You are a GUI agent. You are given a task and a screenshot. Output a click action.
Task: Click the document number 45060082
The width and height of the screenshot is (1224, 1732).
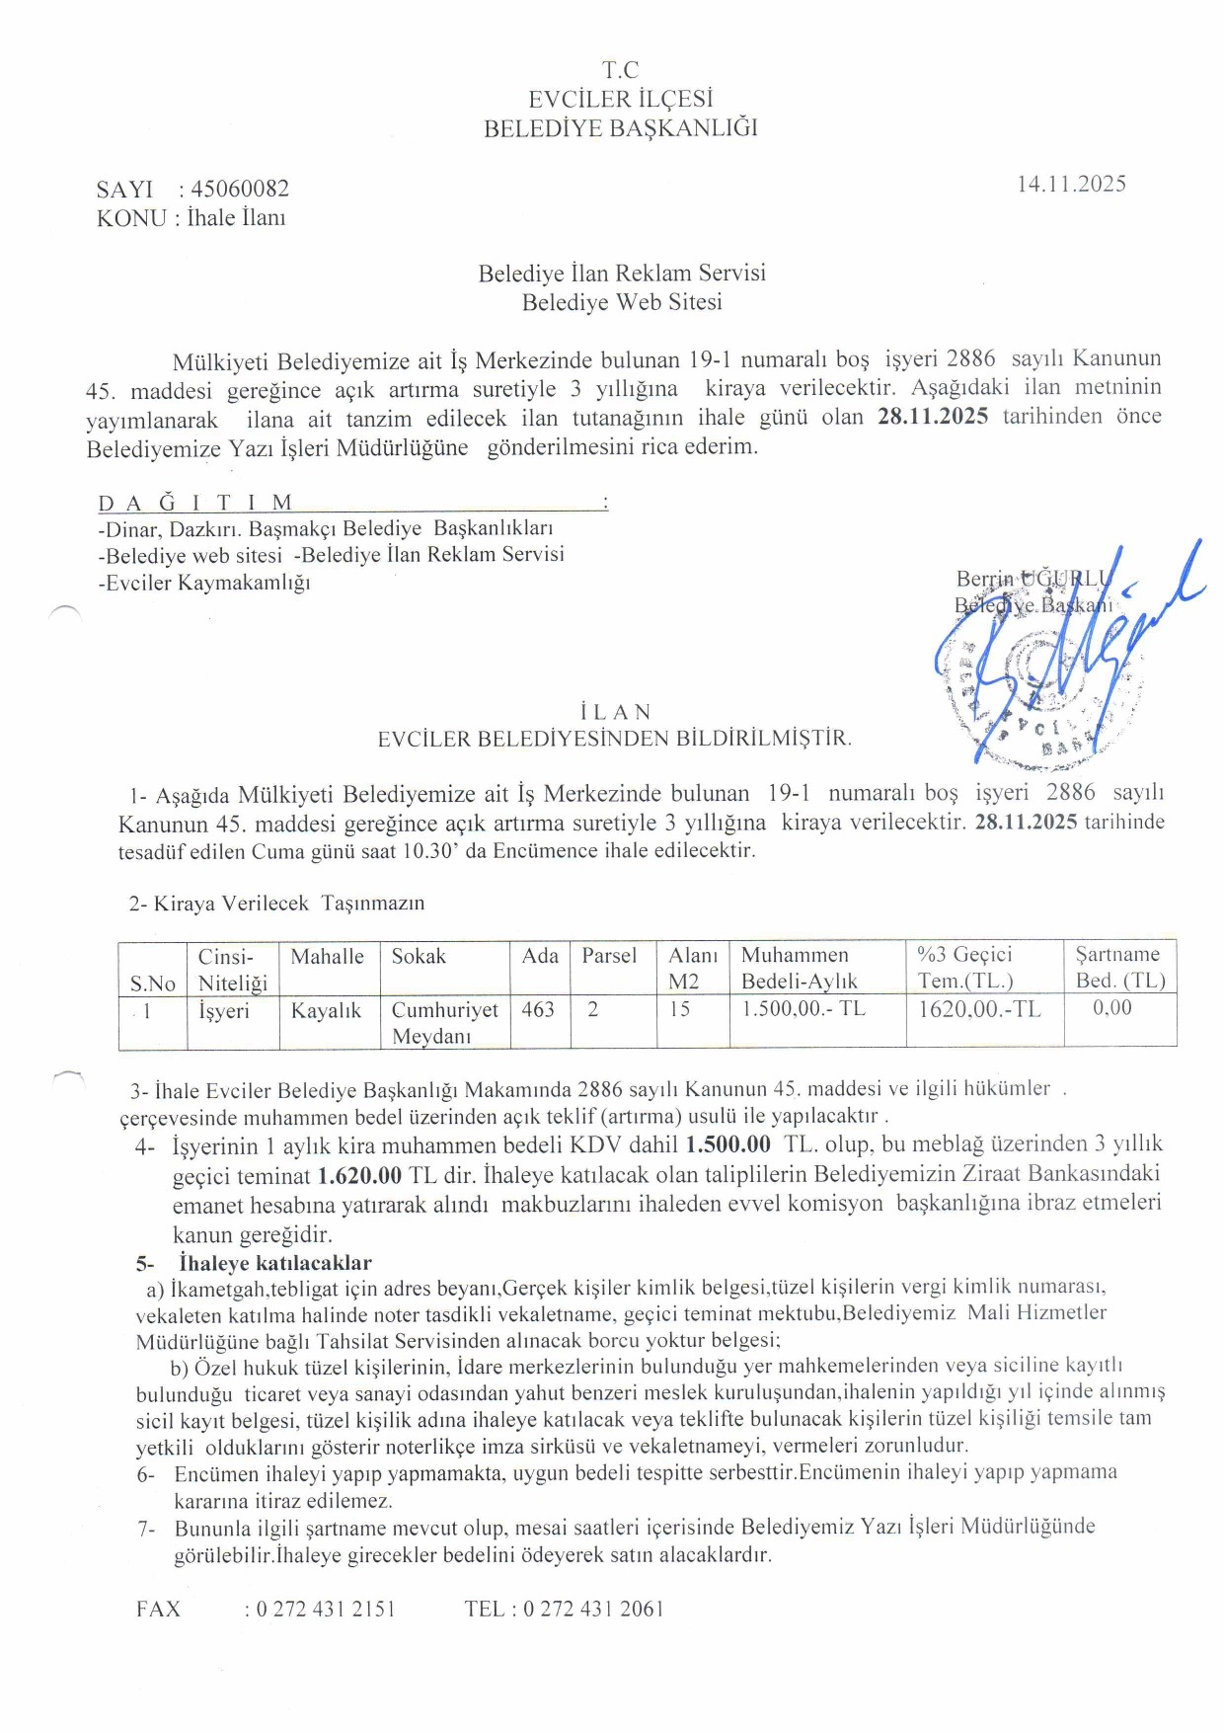point(240,189)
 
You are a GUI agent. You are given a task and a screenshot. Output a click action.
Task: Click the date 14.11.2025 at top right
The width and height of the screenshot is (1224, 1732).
point(1071,184)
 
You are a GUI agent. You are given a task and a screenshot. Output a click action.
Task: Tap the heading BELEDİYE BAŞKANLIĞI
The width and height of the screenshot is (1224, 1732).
point(620,128)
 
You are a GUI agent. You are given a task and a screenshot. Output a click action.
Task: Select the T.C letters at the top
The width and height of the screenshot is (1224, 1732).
point(620,70)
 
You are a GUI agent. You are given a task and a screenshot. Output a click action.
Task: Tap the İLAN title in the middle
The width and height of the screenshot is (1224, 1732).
point(616,712)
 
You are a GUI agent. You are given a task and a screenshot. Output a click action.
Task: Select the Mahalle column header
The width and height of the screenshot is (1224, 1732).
point(327,956)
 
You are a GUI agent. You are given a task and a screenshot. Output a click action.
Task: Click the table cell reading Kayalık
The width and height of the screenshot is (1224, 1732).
point(326,1011)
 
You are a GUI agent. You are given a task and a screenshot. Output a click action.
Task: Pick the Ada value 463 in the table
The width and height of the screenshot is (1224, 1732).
point(538,1009)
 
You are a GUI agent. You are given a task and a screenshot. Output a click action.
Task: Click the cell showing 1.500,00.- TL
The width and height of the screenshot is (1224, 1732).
point(803,1009)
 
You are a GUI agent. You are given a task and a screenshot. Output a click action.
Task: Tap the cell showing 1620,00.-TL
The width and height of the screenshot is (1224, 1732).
point(979,1009)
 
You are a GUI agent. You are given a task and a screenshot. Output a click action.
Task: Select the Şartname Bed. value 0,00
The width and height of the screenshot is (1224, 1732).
point(1112,1008)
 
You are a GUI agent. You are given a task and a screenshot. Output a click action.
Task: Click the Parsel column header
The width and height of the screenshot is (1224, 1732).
point(609,956)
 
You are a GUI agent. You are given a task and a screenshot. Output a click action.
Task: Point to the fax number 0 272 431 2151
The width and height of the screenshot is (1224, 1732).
point(326,1609)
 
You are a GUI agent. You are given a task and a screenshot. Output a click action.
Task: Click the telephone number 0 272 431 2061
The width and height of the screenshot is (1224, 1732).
point(593,1609)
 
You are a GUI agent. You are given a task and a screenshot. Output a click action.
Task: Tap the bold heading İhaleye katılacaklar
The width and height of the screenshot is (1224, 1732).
point(275,1263)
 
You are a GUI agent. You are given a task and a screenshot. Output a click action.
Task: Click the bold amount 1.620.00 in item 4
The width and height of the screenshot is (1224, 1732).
point(359,1175)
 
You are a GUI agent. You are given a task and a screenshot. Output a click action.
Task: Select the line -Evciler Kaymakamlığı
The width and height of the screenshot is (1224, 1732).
point(204,583)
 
